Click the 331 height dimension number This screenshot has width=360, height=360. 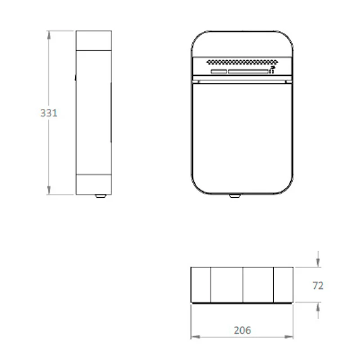coord(49,113)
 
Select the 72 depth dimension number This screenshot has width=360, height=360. coord(318,286)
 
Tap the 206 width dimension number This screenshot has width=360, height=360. coord(243,330)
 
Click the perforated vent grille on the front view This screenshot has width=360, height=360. coord(242,62)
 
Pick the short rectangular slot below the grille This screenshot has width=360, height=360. coord(219,72)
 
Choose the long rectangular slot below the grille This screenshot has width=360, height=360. coord(248,72)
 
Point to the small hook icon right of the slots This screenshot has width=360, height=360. coord(272,70)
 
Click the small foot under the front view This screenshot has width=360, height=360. coord(234,196)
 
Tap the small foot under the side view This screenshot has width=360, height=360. coord(100,196)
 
